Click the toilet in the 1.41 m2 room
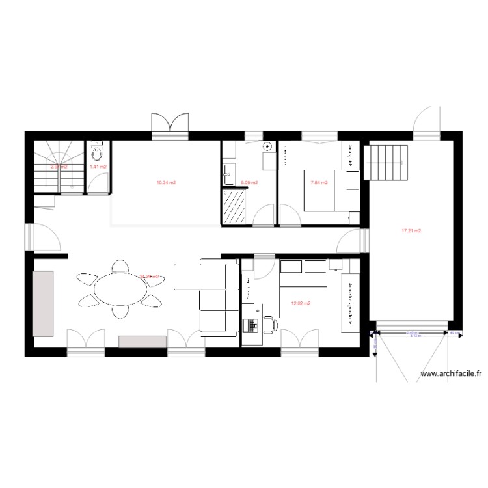point(98,150)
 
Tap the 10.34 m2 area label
point(167,183)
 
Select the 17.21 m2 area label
point(411,230)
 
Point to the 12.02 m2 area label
point(301,303)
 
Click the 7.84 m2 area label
point(319,183)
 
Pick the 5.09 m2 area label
point(249,183)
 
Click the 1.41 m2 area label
point(98,167)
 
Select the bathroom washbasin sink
point(228,172)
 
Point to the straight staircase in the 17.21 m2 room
point(385,161)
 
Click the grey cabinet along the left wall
point(43,304)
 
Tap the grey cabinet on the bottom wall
point(142,342)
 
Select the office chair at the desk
point(269,323)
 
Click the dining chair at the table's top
point(120,266)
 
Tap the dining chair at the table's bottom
point(120,312)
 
